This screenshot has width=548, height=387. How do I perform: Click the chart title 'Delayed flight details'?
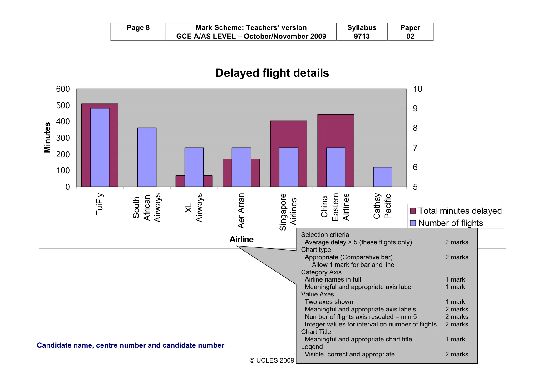coord(272,73)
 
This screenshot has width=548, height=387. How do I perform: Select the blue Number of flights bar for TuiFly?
coord(100,147)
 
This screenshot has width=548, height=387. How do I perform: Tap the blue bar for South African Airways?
coord(147,157)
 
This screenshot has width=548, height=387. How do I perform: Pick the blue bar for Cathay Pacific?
coord(383,177)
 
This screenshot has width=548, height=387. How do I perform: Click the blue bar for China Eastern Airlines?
coord(336,167)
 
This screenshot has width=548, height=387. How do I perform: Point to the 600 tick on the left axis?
coord(63,89)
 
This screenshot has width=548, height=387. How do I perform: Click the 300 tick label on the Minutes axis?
coord(63,138)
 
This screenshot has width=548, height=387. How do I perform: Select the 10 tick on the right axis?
coord(418,89)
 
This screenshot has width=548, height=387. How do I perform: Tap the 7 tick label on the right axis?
coord(415,148)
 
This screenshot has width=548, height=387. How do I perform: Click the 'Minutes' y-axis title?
coord(47,137)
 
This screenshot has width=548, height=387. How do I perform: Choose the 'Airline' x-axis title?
coord(241,239)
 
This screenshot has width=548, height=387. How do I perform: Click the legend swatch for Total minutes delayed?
coord(413,211)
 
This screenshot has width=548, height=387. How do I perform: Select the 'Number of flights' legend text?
coord(451,223)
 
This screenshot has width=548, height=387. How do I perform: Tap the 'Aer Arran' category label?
coord(241,211)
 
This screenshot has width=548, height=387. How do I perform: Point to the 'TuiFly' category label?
coord(100,204)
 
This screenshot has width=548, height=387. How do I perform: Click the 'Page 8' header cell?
coord(138,27)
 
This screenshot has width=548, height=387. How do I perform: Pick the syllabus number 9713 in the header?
coord(362,36)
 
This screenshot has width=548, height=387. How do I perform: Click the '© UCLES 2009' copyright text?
coord(272,360)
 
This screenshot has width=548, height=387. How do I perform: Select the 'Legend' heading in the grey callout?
coord(312,347)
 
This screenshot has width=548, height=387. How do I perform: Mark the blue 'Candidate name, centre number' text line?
coord(131,345)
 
